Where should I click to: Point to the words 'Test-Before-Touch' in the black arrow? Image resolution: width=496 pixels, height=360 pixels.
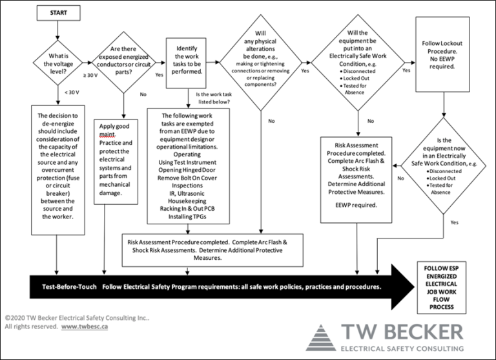[62, 286]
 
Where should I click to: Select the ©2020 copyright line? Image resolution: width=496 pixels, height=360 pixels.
[76, 319]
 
